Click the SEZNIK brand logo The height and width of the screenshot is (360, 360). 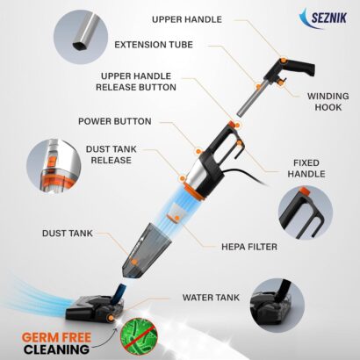(x=323, y=18)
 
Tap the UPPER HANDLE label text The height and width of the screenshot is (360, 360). (x=187, y=19)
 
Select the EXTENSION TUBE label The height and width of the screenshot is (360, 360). (x=154, y=45)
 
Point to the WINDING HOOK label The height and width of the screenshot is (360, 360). (x=328, y=102)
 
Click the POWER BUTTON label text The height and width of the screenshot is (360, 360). (x=115, y=121)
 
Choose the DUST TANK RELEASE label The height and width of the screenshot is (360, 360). (x=112, y=155)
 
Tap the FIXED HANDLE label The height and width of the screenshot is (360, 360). (x=306, y=169)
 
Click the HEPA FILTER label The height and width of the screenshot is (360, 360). (x=249, y=247)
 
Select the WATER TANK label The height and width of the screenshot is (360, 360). (x=211, y=298)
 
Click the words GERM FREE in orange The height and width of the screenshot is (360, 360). (x=56, y=338)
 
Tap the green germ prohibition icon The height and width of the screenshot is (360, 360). (x=139, y=336)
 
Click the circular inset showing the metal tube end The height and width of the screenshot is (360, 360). (x=81, y=37)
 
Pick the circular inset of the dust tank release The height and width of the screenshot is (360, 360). (x=54, y=166)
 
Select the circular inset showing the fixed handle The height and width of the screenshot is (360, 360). (x=306, y=212)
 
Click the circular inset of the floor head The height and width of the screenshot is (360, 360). (x=277, y=306)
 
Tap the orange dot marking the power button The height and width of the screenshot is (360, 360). (x=198, y=152)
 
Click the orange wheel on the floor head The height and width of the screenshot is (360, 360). (x=111, y=318)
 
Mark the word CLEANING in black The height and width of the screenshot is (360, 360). (x=56, y=349)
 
